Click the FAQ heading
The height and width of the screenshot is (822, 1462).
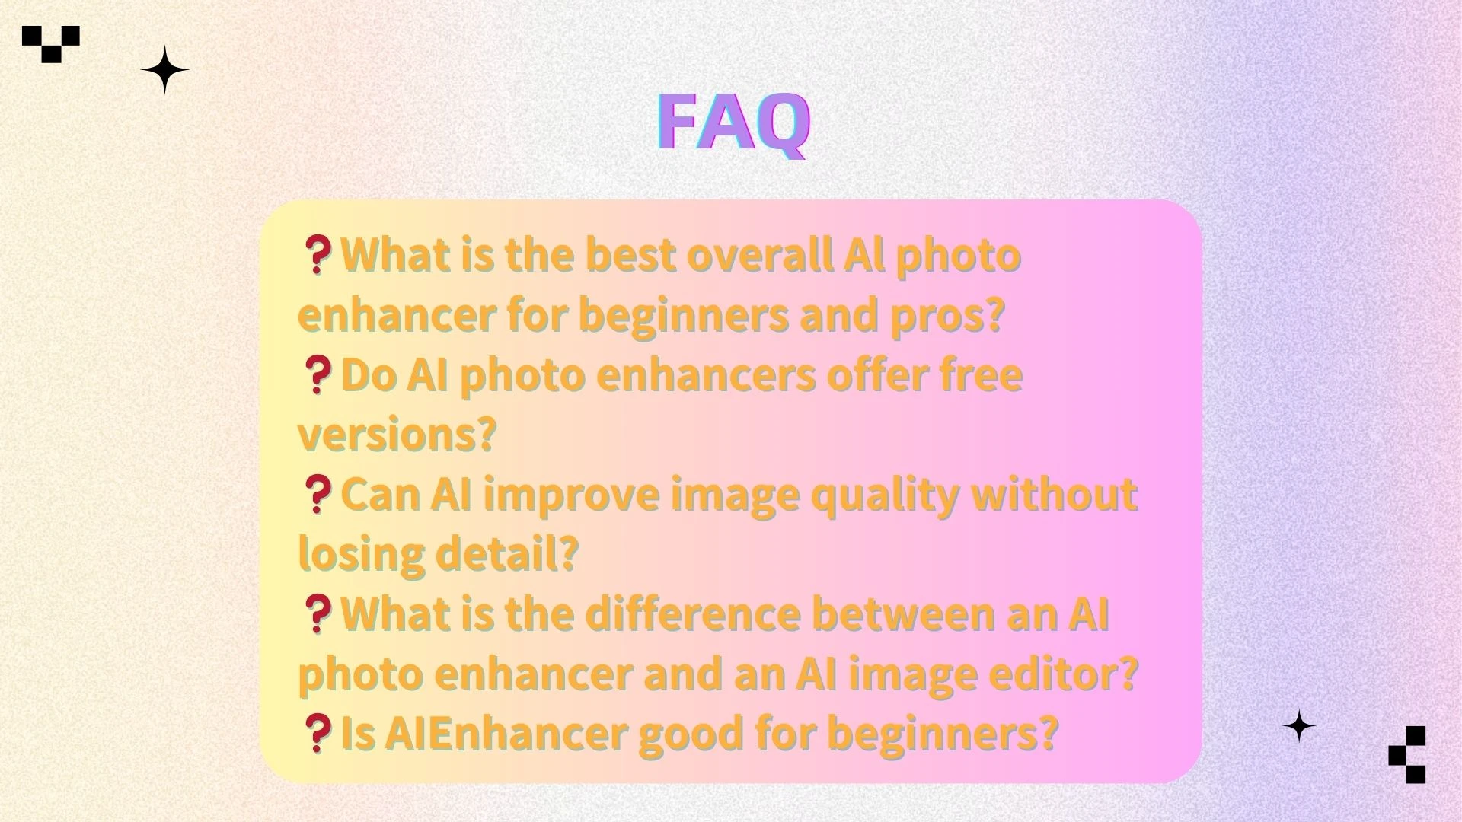pos(733,123)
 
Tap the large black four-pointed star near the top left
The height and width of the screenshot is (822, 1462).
pos(164,70)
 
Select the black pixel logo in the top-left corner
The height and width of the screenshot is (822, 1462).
pos(51,43)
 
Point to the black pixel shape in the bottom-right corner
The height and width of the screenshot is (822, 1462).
pos(1408,753)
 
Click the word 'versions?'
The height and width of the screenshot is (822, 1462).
pos(397,435)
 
